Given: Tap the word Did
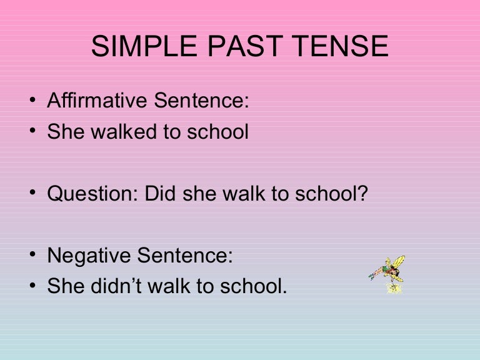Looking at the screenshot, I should (161, 194).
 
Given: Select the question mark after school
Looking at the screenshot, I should (363, 194).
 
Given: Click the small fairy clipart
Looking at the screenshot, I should (388, 274).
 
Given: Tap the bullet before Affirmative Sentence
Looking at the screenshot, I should (33, 102).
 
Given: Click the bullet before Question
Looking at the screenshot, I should (33, 194).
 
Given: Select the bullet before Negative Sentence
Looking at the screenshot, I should (33, 256).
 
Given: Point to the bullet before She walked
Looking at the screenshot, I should (33, 132).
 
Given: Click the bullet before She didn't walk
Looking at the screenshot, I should (33, 287).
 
